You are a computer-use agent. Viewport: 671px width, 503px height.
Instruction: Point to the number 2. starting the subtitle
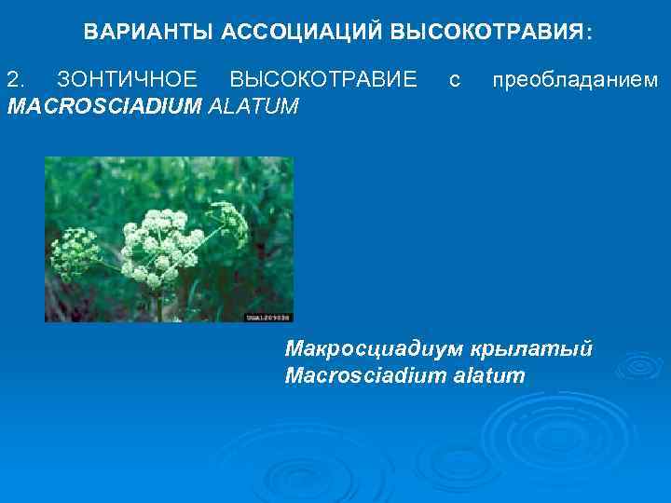coord(16,80)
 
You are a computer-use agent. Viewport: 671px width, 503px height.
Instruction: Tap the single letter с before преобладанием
coord(454,80)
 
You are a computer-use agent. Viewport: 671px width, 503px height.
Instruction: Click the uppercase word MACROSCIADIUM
coord(103,105)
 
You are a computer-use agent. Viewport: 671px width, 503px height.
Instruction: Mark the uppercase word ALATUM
coord(254,105)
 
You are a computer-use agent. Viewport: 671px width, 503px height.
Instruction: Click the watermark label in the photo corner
coord(268,317)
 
